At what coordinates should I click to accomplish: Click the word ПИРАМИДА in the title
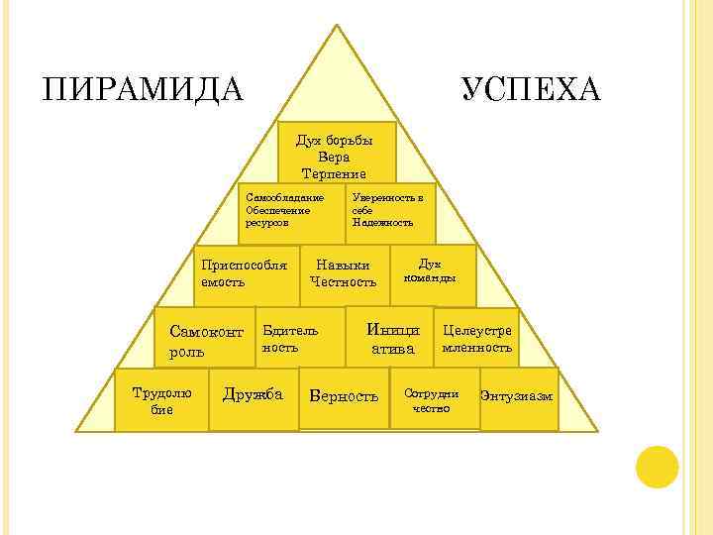[x=143, y=89]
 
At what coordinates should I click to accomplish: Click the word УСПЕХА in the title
[x=530, y=89]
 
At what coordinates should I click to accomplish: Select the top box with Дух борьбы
[x=338, y=153]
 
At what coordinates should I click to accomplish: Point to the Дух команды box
[x=433, y=273]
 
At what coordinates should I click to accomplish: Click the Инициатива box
[x=392, y=337]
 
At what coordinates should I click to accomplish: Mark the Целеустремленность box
[x=477, y=339]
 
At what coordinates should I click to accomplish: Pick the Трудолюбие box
[x=161, y=400]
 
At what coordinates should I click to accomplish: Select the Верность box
[x=344, y=397]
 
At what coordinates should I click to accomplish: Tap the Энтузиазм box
[x=518, y=398]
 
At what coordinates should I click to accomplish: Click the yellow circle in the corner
[x=657, y=467]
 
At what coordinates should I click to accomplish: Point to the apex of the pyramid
[x=338, y=28]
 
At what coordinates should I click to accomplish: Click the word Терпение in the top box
[x=336, y=173]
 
